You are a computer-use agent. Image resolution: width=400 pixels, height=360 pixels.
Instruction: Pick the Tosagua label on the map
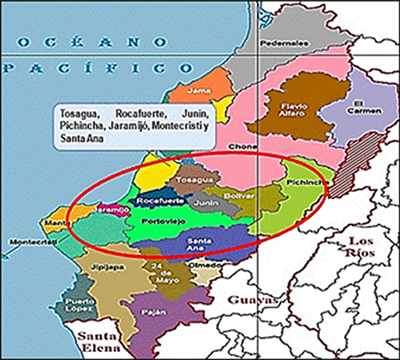click(194, 181)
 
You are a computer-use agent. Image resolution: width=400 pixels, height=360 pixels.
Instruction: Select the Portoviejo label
click(161, 222)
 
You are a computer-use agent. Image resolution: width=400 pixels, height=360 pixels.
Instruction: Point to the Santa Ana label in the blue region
click(199, 243)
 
